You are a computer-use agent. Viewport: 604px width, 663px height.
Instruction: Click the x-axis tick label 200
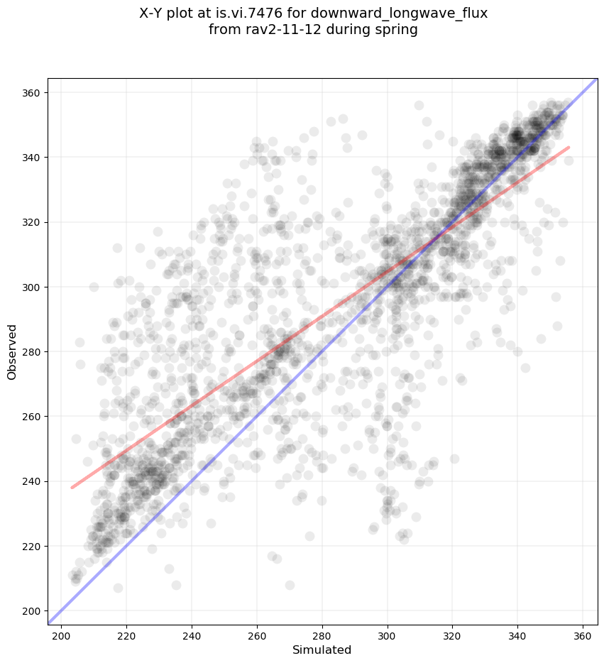pyautogui.click(x=61, y=634)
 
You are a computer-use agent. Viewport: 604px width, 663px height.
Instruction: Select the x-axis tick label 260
pyautogui.click(x=257, y=634)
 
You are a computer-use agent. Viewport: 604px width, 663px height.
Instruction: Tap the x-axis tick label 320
pyautogui.click(x=453, y=634)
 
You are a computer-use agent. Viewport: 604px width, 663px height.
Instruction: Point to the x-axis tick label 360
pyautogui.click(x=583, y=634)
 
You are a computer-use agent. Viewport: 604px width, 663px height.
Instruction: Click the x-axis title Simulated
pyautogui.click(x=322, y=650)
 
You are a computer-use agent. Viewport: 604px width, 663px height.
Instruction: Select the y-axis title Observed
pyautogui.click(x=12, y=351)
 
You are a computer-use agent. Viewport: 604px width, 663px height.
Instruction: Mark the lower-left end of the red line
pyautogui.click(x=72, y=488)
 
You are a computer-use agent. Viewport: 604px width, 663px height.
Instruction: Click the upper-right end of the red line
pyautogui.click(x=569, y=147)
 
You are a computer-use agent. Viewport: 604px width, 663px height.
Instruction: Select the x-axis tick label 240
pyautogui.click(x=192, y=634)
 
